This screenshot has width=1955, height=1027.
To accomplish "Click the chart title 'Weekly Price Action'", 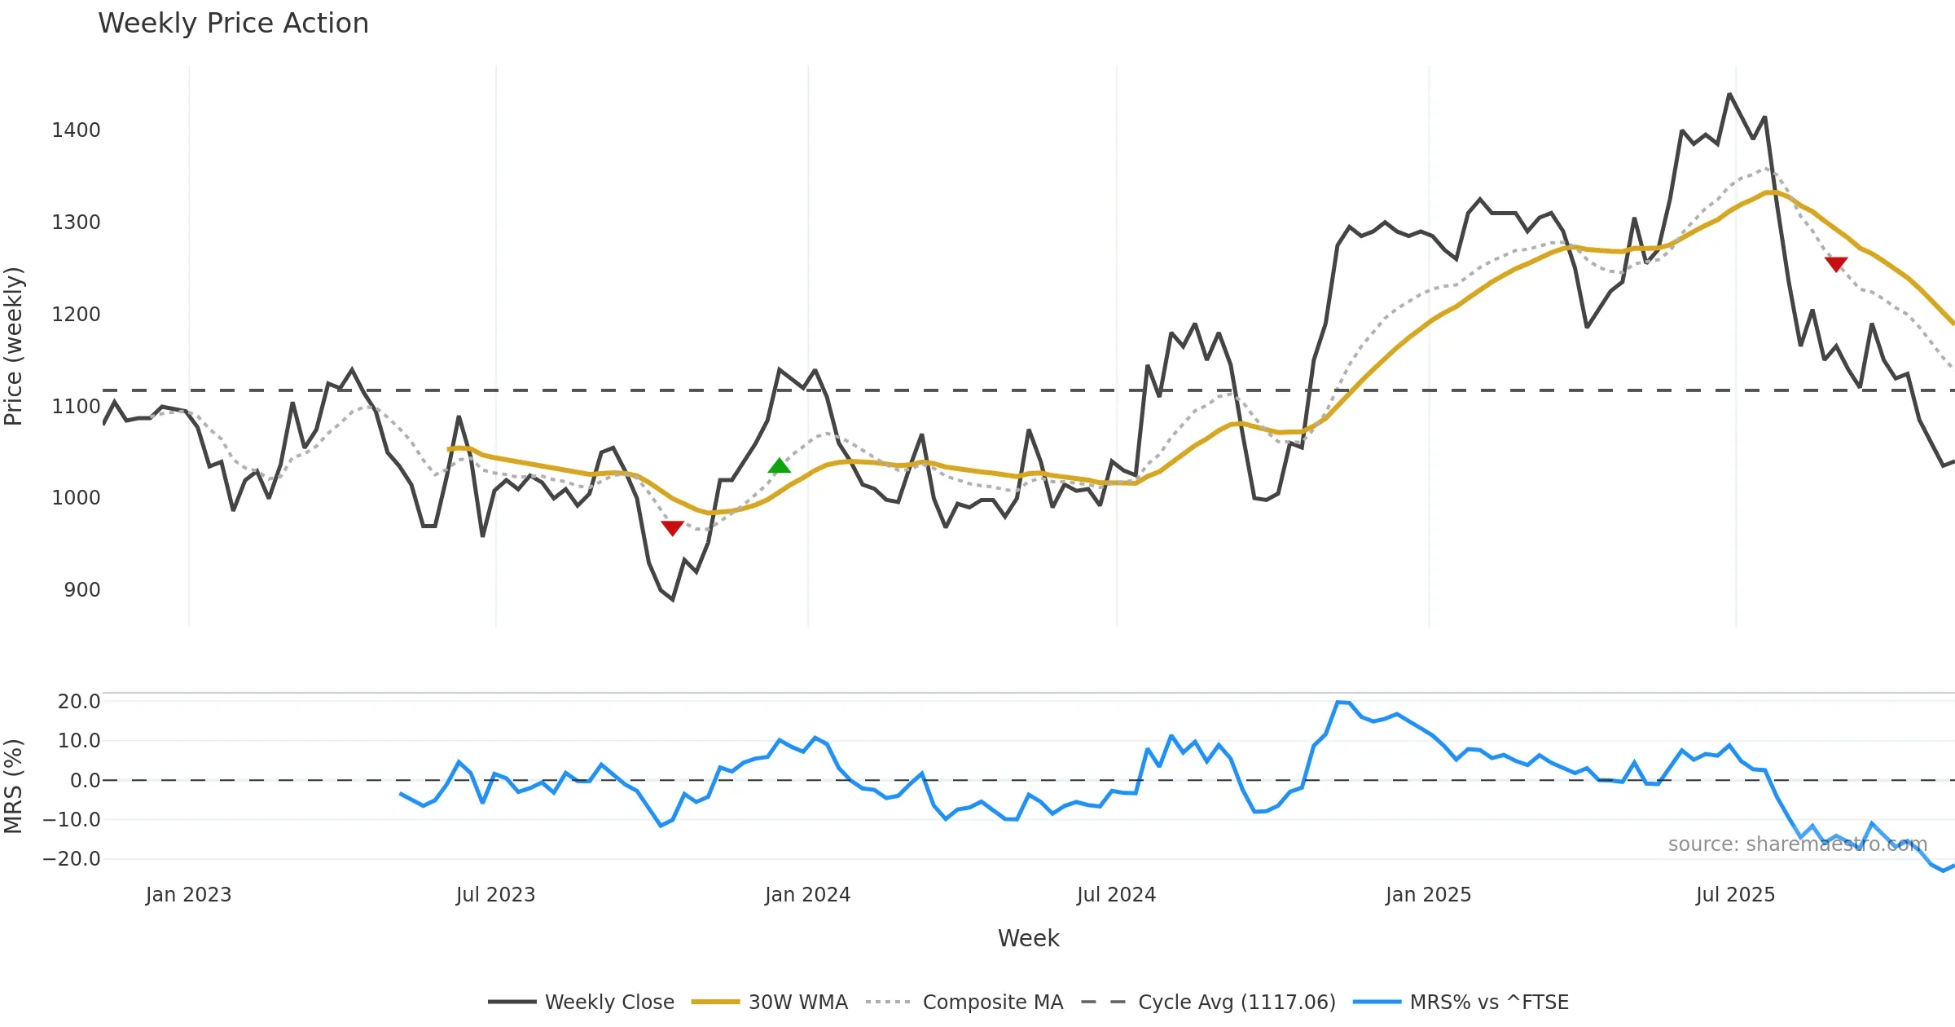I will point(233,24).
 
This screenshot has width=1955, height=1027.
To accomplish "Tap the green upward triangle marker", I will point(779,466).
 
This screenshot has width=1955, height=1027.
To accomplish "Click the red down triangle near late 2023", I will point(672,528).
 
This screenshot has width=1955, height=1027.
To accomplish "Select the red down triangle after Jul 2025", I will point(1836,263).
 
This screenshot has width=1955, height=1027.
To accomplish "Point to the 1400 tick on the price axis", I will point(76,130).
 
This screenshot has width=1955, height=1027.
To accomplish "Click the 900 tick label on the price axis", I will point(81,590).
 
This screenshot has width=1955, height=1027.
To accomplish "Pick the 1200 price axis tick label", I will point(76,315).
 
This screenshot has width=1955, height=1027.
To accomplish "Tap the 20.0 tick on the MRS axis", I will point(79,702).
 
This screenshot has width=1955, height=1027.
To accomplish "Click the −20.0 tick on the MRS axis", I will point(72,859).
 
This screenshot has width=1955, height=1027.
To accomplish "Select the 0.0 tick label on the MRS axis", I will point(85,781).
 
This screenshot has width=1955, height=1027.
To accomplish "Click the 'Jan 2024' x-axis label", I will point(807,895).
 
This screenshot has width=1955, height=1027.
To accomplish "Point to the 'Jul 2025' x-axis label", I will point(1735,895).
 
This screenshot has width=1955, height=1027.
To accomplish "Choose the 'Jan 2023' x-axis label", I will point(188,895).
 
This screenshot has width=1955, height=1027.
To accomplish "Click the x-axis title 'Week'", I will point(1028,939).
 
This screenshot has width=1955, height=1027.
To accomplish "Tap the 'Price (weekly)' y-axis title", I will point(14,346).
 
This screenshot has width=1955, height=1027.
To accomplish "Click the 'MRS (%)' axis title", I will point(14,786).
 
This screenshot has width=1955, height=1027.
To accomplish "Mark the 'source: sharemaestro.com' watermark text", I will point(1797,844).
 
